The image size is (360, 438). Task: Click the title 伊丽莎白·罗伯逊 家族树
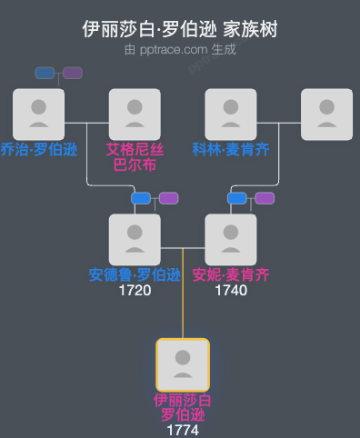coord(180,29)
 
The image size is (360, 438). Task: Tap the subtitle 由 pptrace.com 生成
coord(180,49)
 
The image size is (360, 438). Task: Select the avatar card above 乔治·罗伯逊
coord(38,114)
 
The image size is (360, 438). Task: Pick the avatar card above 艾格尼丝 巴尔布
coord(135,114)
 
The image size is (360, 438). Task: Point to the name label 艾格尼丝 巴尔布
coord(135,157)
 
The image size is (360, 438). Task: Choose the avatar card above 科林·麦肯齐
coord(231,114)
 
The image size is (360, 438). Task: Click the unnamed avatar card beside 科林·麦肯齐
coord(327,114)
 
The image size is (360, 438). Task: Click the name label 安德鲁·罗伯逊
coord(135,275)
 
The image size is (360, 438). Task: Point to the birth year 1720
coord(135,291)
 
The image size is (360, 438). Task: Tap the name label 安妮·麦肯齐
coord(231,275)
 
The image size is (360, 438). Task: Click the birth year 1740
coord(231,291)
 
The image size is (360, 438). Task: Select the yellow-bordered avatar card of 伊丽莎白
coord(183,365)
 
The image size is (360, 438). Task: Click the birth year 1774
coord(183,430)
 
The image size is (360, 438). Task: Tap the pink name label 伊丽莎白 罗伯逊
coord(183,408)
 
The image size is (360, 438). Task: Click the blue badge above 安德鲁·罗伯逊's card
coord(140,198)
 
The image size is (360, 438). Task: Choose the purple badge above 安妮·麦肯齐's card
coord(265,198)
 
